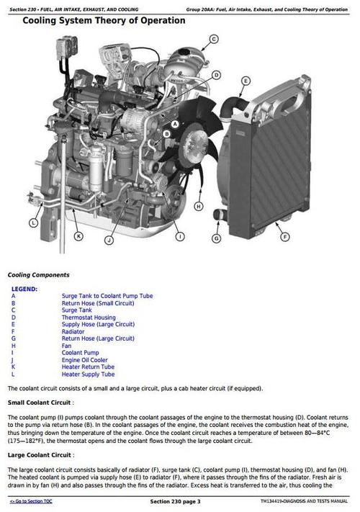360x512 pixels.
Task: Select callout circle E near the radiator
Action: pos(246,81)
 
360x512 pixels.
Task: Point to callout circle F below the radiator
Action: pos(285,236)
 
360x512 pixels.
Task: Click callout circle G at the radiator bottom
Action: pos(215,238)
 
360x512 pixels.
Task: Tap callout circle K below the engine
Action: pos(78,235)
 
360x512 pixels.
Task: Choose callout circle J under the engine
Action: pos(109,240)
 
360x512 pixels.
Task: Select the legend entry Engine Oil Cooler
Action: pos(84,360)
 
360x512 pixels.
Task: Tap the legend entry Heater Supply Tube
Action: pos(88,374)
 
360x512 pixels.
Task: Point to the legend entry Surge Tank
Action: pos(76,310)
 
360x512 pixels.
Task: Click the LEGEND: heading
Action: pos(24,288)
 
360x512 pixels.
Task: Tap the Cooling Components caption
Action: pos(38,274)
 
